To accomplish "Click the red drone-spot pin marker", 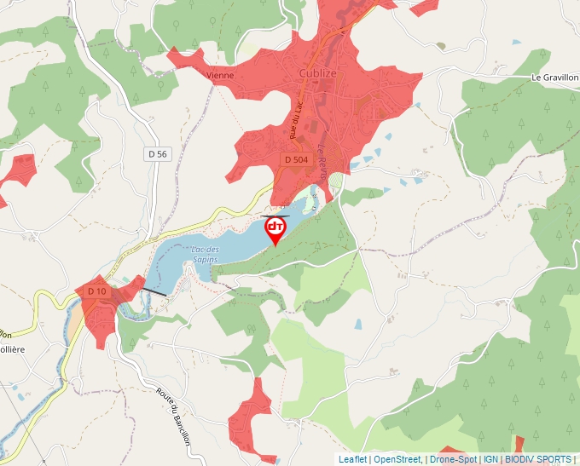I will (x=275, y=229).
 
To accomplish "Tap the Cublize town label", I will (x=319, y=74).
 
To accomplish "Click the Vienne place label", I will (x=220, y=75).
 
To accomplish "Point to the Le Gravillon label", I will (x=554, y=77).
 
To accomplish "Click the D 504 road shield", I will (x=295, y=159).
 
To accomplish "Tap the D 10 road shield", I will (x=96, y=291).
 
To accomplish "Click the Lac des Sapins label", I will (x=202, y=253).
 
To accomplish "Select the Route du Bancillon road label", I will (x=173, y=417).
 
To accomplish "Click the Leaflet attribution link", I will (x=352, y=459).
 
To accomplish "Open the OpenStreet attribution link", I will (x=397, y=459).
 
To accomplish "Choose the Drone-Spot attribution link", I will (x=452, y=459).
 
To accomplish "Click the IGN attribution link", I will (x=490, y=459).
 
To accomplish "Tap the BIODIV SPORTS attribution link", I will (x=538, y=459).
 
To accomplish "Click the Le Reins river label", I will (x=322, y=159).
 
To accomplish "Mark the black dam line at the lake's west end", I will (x=154, y=291).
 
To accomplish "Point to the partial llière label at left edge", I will (x=12, y=349).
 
